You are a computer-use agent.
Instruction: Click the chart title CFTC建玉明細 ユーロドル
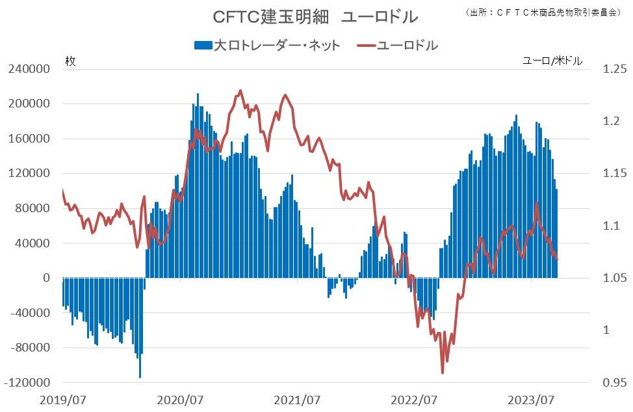315,17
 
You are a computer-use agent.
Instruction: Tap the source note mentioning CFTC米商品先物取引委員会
542,12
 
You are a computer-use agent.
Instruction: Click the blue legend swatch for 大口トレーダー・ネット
203,46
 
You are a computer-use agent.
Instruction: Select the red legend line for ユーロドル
366,46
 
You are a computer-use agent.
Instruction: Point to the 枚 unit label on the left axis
70,61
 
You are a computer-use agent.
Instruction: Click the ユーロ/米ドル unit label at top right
552,61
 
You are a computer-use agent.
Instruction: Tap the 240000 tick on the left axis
29,69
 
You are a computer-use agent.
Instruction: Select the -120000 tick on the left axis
27,383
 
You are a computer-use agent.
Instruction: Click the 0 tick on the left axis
47,278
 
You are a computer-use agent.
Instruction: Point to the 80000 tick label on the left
32,208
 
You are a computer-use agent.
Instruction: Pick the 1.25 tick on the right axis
615,69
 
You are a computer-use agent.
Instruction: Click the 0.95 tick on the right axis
615,383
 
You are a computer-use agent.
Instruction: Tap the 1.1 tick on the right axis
612,226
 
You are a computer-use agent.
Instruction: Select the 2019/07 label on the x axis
63,400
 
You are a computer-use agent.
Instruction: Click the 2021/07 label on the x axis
297,400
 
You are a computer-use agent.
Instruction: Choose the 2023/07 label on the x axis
531,400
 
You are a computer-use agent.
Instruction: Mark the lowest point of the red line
443,373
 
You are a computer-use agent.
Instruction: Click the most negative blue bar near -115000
140,327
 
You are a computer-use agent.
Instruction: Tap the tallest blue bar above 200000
198,185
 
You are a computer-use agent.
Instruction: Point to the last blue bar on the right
557,233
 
